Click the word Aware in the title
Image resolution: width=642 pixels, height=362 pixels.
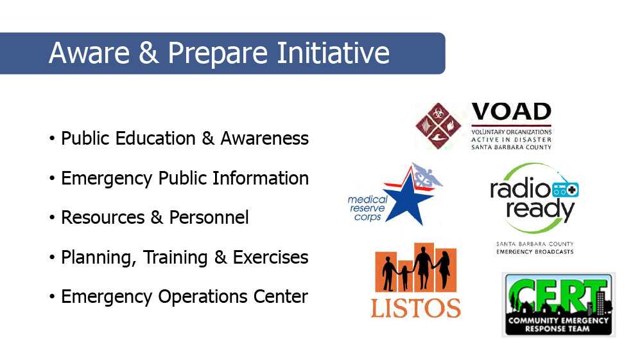89,53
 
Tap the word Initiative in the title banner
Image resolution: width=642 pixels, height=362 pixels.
333,53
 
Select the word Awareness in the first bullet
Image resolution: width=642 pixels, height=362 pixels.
265,138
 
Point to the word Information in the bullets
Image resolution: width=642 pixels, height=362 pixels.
261,178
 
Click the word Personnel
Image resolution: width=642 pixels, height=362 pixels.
209,217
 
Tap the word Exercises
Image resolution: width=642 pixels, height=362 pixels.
270,257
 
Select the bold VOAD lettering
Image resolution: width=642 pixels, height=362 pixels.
512,111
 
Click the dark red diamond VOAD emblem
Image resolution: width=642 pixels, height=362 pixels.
438,126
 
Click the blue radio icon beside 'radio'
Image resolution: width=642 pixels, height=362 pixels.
566,190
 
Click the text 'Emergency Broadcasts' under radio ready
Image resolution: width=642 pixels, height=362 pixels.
535,251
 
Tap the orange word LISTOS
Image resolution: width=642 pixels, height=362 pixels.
415,308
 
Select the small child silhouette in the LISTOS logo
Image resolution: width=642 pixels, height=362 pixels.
404,277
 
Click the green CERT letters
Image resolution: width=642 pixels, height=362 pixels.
558,295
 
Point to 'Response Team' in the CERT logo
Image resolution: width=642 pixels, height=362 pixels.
557,329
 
